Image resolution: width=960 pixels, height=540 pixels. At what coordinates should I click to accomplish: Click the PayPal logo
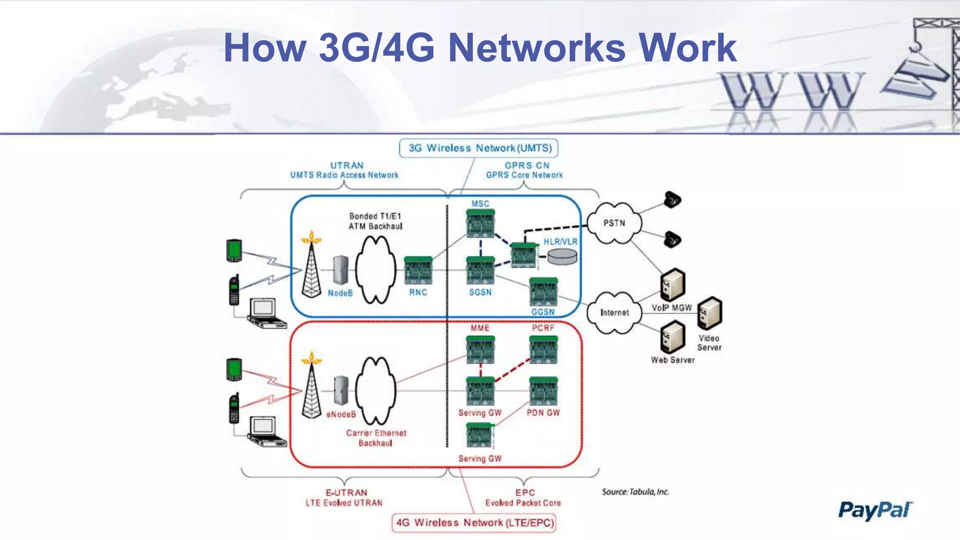coord(875,510)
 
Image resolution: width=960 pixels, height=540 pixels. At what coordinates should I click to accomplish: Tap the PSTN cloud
coord(614,223)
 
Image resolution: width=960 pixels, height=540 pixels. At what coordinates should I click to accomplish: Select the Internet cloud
coord(614,313)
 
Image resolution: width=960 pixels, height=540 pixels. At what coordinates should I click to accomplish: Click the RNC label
coord(418,292)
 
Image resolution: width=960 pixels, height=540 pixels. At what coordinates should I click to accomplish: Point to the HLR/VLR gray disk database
coord(562,256)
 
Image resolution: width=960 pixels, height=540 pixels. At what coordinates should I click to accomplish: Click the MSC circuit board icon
coord(480,224)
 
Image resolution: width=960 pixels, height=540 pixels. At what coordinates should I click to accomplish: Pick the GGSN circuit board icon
coord(543,292)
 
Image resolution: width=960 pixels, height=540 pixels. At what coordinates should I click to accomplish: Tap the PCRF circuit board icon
coord(543,350)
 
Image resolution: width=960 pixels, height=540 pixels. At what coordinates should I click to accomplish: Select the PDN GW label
coord(543,413)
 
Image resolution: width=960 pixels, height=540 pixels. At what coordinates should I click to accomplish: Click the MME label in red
coord(480,328)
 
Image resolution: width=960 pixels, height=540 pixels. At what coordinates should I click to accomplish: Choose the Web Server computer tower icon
coord(673,337)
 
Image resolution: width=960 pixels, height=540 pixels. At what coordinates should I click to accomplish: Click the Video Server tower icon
coord(710,313)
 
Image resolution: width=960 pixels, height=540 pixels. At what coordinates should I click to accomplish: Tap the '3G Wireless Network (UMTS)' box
coord(479,148)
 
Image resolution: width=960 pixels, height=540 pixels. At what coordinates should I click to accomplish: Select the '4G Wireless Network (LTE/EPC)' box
coord(474,523)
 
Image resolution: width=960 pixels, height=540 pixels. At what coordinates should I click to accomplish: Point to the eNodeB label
coord(341,415)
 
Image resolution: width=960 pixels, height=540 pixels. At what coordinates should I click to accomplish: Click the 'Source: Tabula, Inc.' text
coord(635,492)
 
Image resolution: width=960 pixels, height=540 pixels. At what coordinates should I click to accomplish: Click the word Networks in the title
coord(537,48)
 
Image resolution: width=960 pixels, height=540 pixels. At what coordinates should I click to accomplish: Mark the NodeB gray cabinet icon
coord(341,270)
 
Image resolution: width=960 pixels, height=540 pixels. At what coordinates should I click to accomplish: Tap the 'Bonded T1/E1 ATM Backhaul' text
coord(375,221)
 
